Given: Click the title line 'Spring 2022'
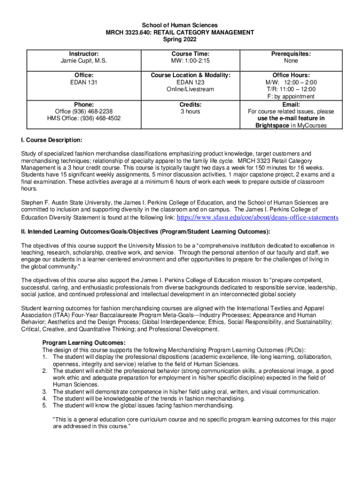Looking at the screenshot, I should (180, 40).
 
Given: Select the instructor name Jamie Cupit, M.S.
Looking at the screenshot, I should (84, 61).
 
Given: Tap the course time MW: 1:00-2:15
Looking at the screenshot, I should (190, 61).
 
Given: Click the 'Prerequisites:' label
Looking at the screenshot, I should (291, 54).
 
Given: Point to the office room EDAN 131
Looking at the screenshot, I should (84, 82).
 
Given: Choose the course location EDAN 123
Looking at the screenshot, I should (190, 82).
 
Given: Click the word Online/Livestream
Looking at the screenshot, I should (190, 89).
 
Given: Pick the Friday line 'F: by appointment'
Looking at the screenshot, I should (291, 96).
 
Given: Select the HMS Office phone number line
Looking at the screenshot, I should (84, 118).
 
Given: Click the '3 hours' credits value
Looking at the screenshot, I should (190, 111).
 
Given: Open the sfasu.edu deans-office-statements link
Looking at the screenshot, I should (258, 218).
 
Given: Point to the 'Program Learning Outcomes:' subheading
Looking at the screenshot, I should (84, 342).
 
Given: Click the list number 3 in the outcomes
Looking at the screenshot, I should (45, 392).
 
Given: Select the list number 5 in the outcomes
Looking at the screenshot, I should (45, 406).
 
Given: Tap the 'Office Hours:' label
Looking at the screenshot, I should (291, 75).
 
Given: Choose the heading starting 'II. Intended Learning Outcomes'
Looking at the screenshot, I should (145, 232).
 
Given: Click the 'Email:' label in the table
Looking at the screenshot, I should (291, 104).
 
